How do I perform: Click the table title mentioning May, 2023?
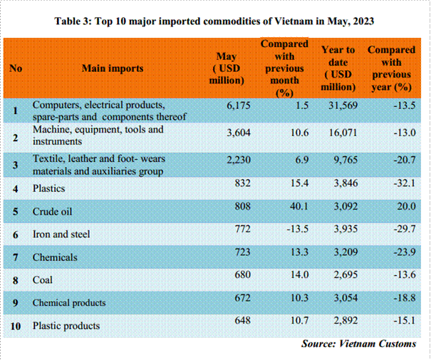coord(215,20)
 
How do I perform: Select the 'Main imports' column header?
coord(113,68)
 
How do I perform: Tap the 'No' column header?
coord(16,68)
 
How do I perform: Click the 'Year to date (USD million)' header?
coord(338,68)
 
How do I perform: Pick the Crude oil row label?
coord(53,211)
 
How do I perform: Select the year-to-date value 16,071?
coord(338,132)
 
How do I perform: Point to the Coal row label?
coord(43,280)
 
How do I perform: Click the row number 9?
coord(16,302)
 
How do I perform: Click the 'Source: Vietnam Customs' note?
coord(358,344)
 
